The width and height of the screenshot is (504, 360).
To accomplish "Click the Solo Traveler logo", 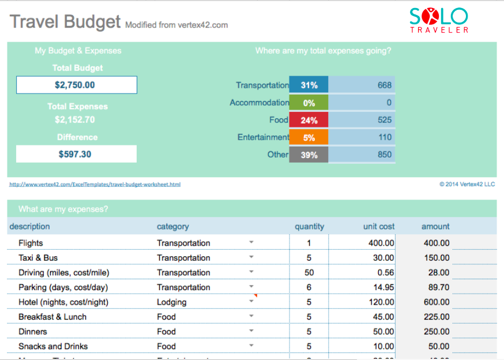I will click(x=439, y=20).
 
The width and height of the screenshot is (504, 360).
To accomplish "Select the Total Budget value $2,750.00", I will click(x=76, y=85).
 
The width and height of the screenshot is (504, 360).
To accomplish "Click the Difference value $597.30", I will click(x=76, y=154).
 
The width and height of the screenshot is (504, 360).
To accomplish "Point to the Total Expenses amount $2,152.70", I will click(x=75, y=120).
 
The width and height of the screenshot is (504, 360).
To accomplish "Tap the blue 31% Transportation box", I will click(x=309, y=85).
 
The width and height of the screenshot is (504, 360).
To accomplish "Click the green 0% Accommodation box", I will click(x=309, y=103).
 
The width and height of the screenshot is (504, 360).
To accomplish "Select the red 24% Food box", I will click(x=309, y=120).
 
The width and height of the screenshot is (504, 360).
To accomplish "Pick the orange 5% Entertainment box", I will click(x=309, y=137).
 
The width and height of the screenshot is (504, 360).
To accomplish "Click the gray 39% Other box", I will click(x=309, y=155).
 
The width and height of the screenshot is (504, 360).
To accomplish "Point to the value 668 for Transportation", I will click(x=384, y=85).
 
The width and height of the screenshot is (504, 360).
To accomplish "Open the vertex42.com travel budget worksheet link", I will click(x=95, y=185).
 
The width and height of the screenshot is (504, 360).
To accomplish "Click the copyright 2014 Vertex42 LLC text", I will click(x=467, y=185).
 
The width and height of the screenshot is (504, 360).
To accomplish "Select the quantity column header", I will click(x=309, y=227).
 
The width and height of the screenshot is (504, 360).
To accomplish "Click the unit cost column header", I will click(x=379, y=227).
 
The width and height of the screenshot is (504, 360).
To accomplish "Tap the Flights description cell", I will click(x=31, y=243).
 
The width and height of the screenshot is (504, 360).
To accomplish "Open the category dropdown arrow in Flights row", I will click(x=251, y=242).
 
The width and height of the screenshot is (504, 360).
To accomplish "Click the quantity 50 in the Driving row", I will click(x=309, y=272).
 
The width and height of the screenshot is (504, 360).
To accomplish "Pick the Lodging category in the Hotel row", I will click(x=171, y=302).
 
